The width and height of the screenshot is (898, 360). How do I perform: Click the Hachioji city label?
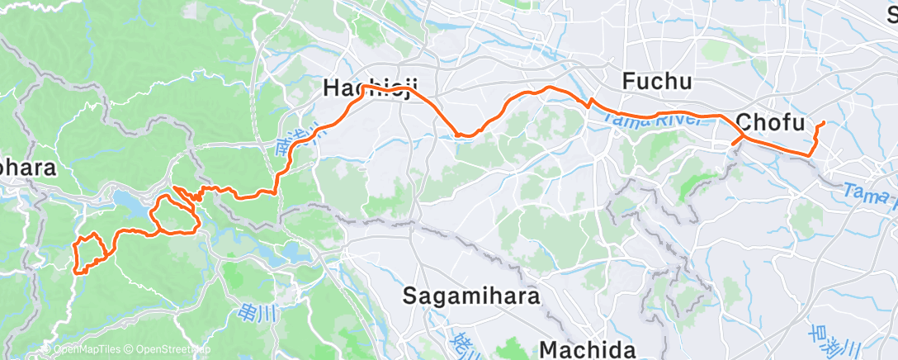coord(372,88)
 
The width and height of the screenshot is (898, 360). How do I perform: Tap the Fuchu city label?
coord(656,82)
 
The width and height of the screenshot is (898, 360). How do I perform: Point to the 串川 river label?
coord(247,311)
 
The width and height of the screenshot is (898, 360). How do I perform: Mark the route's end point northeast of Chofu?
coord(824,123)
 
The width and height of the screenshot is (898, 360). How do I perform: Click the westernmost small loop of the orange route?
coord(88,253)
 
